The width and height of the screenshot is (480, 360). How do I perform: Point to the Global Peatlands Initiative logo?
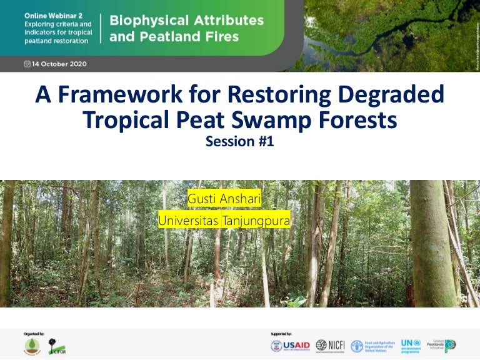point(444,346)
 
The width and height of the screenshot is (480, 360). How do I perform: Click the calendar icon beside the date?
point(27,64)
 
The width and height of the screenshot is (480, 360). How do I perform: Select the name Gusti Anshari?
point(224,199)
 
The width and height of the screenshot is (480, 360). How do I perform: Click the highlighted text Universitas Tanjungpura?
point(224,221)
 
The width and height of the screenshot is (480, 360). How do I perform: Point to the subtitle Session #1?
point(239,142)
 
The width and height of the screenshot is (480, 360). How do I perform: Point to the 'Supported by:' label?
point(281,334)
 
